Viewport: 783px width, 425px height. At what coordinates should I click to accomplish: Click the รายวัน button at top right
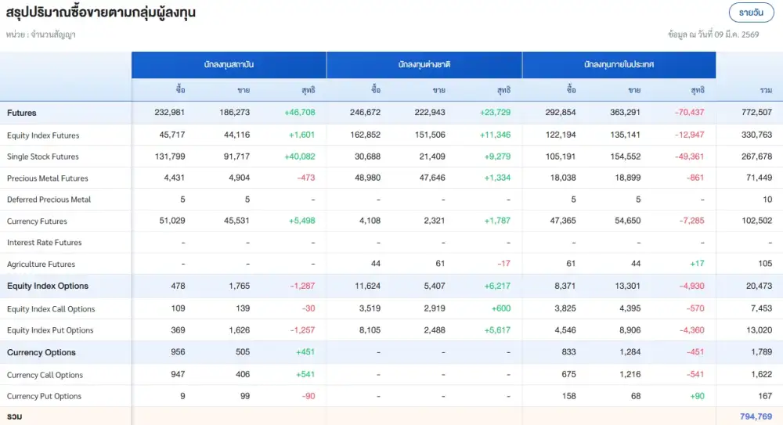751,13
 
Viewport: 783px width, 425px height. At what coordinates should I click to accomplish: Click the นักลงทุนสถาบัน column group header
229,65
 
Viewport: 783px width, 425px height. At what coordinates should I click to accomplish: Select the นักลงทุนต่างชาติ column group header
424,65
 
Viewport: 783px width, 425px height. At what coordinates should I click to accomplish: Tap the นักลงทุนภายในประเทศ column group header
619,65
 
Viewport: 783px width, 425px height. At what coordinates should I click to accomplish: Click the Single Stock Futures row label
43,157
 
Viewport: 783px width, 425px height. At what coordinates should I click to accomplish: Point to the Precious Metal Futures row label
48,178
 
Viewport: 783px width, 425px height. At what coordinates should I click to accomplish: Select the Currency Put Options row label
45,396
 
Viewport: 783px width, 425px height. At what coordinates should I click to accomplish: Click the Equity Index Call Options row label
51,309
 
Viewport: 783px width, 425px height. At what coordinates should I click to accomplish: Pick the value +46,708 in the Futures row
300,113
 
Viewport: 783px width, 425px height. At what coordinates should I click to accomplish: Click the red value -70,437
690,113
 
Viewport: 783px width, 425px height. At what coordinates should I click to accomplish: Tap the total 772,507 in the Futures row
756,113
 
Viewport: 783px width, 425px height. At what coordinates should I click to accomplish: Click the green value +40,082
300,157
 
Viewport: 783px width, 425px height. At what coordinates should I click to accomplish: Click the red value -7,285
691,222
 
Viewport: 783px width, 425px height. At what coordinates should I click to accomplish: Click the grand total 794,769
756,416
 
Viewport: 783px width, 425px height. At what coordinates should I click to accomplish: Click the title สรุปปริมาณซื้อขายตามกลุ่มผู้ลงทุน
101,13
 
